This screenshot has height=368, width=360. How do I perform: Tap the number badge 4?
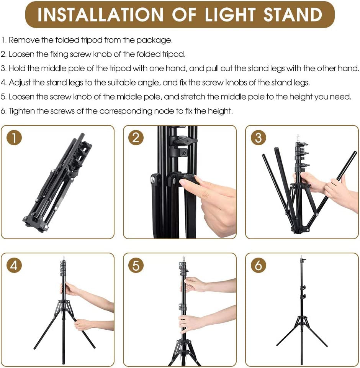[x=14, y=265]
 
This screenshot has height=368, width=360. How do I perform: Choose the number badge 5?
[x=136, y=265]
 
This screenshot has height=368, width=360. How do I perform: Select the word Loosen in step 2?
[x=22, y=54]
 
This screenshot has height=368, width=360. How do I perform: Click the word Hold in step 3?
[x=16, y=68]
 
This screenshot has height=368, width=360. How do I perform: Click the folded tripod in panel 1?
[x=57, y=182]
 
